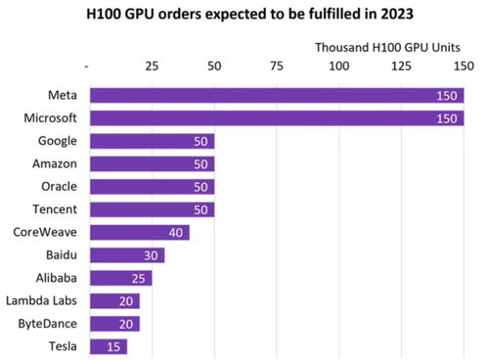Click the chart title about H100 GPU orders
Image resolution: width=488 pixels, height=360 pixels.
point(244,15)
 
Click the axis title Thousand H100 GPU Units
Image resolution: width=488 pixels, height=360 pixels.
point(388,47)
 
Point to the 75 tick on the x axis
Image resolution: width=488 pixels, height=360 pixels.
point(277,67)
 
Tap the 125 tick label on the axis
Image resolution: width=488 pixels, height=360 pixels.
point(401,67)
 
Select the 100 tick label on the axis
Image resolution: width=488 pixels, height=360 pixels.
point(338,67)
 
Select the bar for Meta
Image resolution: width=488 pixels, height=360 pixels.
point(276,95)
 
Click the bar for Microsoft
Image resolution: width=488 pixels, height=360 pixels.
point(276,117)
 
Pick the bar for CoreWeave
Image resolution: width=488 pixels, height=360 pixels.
point(139,233)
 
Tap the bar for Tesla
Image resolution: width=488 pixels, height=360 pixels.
point(108,346)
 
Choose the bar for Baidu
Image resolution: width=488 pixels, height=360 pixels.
point(126,255)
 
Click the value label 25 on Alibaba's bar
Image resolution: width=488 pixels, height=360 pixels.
point(140,278)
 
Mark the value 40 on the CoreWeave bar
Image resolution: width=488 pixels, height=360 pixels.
point(177,233)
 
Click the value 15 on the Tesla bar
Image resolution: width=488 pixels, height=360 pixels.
point(115,346)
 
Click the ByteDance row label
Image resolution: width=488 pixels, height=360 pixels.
point(48,324)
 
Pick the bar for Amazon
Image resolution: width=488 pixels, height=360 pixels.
point(152,163)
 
